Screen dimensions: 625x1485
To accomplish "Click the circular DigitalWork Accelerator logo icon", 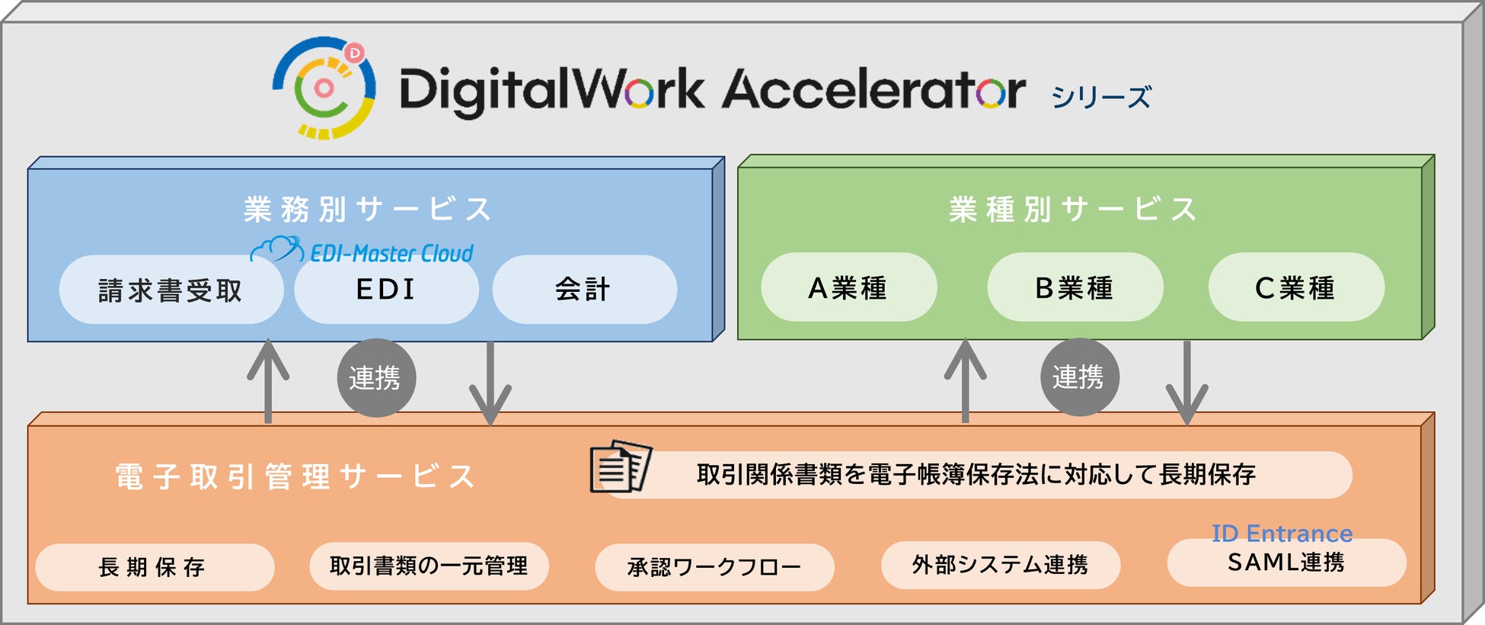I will tap(324, 88).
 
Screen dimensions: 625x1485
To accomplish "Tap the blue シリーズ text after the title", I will tap(1100, 98).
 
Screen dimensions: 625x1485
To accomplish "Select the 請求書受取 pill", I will tap(171, 290).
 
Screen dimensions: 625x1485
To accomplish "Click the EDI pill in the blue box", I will tap(386, 290).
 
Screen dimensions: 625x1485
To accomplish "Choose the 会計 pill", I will tap(583, 290).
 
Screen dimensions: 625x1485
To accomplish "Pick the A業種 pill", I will tap(848, 287).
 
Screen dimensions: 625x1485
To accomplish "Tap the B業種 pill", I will tap(1075, 287).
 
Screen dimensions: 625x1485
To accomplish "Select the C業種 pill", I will tap(1295, 287).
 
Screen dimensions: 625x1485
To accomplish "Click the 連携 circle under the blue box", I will tap(376, 378).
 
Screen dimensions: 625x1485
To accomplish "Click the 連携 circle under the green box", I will tap(1079, 377).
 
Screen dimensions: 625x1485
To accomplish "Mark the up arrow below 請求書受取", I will tap(268, 381).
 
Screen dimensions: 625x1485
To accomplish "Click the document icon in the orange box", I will tap(621, 466).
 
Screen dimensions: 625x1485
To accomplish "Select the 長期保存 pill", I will tap(154, 567).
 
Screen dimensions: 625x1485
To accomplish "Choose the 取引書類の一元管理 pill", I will tap(429, 566).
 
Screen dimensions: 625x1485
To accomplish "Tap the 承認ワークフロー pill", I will tap(714, 567).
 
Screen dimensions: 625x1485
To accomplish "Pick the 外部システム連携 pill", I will tap(1000, 565).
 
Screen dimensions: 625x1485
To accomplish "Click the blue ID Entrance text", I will tap(1282, 534).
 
